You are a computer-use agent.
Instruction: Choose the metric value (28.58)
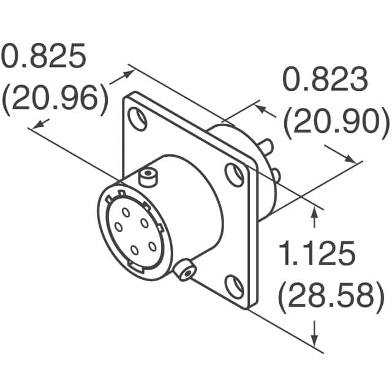(x=326, y=296)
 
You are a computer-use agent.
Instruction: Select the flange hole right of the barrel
(x=233, y=175)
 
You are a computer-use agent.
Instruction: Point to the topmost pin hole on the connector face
(x=126, y=212)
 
